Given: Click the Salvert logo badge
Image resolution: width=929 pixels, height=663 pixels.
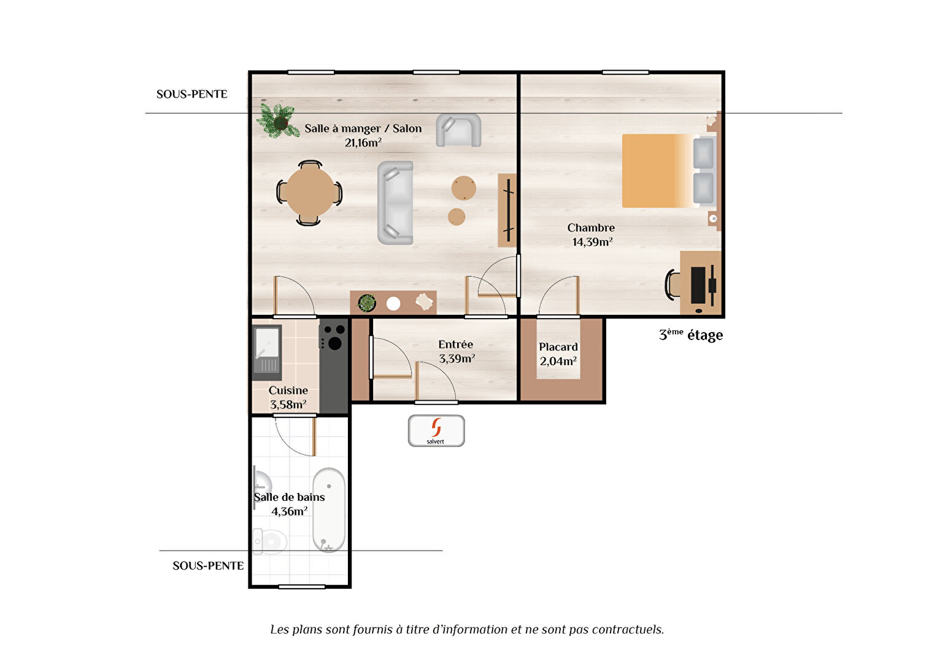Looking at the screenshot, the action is point(436,431).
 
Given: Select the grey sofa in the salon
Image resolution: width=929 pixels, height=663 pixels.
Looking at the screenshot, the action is point(395,203).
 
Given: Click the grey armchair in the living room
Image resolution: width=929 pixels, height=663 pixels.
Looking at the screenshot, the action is point(458,130).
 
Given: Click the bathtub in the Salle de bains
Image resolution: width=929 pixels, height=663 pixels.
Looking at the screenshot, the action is point(329,510).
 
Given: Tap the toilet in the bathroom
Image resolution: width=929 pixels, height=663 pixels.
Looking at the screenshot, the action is point(269,541).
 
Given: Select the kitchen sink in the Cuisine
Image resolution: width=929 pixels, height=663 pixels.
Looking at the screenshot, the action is point(267,352).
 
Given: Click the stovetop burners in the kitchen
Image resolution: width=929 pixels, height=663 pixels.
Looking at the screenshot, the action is point(333,336).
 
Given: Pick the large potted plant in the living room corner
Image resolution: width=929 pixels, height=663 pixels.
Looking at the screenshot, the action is point(278,120).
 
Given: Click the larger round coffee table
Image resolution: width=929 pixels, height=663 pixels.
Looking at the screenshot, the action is point(464,188).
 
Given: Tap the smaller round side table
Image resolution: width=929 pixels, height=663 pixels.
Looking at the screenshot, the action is point(456,217).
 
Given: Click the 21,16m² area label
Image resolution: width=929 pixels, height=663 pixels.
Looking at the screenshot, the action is point(363,142).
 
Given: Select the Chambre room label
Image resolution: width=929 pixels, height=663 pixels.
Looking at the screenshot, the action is point(591,227).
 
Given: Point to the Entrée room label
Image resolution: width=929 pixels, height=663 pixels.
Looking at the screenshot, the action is point(455,344).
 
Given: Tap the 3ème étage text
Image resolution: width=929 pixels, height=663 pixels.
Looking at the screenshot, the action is point(691,335).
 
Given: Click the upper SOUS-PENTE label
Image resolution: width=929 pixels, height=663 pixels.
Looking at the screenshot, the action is point(191,94).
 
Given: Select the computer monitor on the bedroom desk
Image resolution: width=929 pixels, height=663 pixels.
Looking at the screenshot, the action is point(698,285).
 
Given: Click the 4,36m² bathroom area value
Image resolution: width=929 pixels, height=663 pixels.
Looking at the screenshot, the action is point(290,511).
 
